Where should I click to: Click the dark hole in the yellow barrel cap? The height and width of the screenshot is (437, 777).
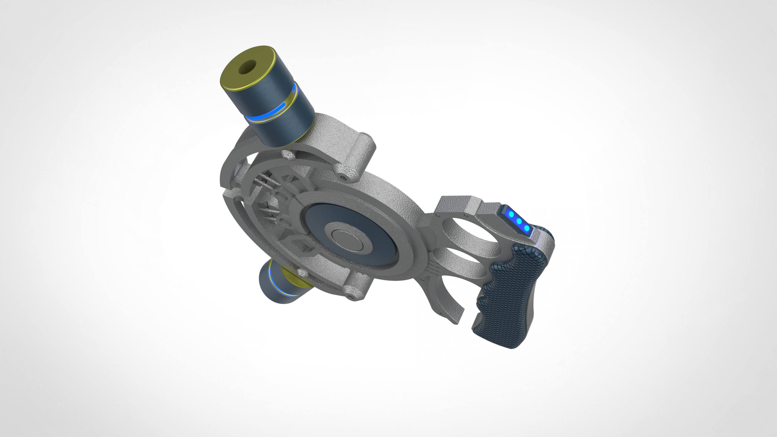pos(247,67)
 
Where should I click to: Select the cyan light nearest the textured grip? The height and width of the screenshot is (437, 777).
pos(526,228)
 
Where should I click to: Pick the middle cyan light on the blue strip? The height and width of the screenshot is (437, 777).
pos(519,221)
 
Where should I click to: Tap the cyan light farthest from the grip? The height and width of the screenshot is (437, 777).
pos(511,214)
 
